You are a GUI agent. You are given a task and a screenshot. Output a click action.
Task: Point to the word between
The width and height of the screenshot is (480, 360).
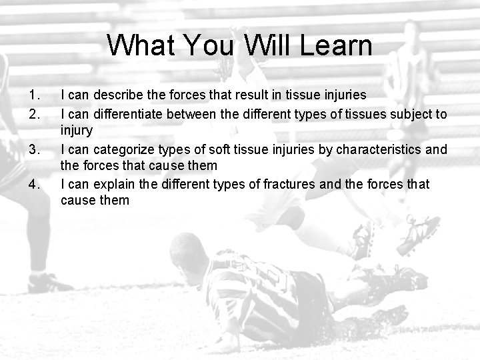pyautogui.click(x=193, y=114)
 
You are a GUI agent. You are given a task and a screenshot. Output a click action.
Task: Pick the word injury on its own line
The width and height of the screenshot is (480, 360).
pyautogui.click(x=76, y=131)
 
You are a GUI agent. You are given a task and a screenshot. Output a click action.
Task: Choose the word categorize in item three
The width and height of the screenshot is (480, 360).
pyautogui.click(x=122, y=149)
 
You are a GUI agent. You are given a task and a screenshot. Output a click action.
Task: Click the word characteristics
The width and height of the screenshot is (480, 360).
pyautogui.click(x=379, y=149)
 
